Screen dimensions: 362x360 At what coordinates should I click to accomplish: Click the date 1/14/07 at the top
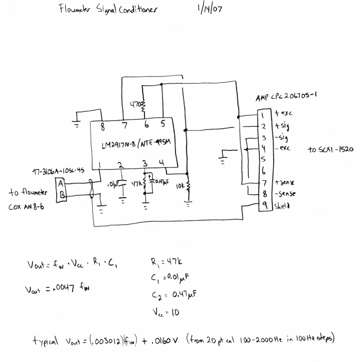point(209,10)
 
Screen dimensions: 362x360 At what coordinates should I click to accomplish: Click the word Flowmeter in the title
point(77,10)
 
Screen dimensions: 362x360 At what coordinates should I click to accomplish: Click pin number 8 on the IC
point(103,127)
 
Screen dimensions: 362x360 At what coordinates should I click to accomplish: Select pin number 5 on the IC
point(162,123)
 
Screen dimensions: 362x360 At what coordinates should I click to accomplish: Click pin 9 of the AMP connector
point(265,205)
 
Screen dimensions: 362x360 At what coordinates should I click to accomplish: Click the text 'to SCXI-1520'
point(330,150)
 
